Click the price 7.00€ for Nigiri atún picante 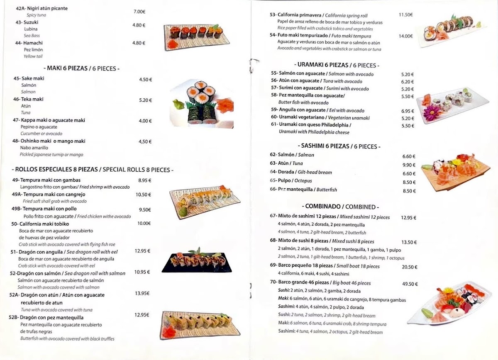[139, 12]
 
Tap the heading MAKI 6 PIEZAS [81, 68]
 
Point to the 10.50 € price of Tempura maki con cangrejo [144, 195]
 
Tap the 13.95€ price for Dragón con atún [142, 293]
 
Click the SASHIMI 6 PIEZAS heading [339, 146]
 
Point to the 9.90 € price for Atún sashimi [409, 165]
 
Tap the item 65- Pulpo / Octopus [291, 181]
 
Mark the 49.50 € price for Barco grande [410, 285]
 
